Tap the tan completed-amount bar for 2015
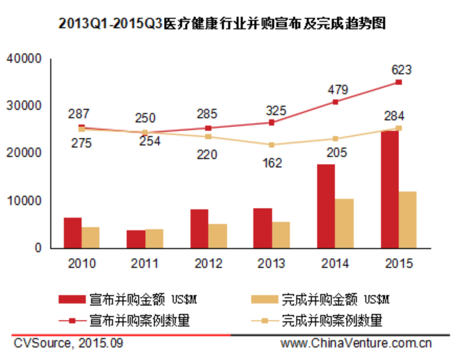point(407,219)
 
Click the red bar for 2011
point(137,239)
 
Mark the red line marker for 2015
point(398,82)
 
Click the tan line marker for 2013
point(271,145)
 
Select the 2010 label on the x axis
point(82,264)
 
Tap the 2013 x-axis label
point(271,264)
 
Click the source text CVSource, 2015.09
point(68,344)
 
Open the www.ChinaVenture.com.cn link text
point(356,344)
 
